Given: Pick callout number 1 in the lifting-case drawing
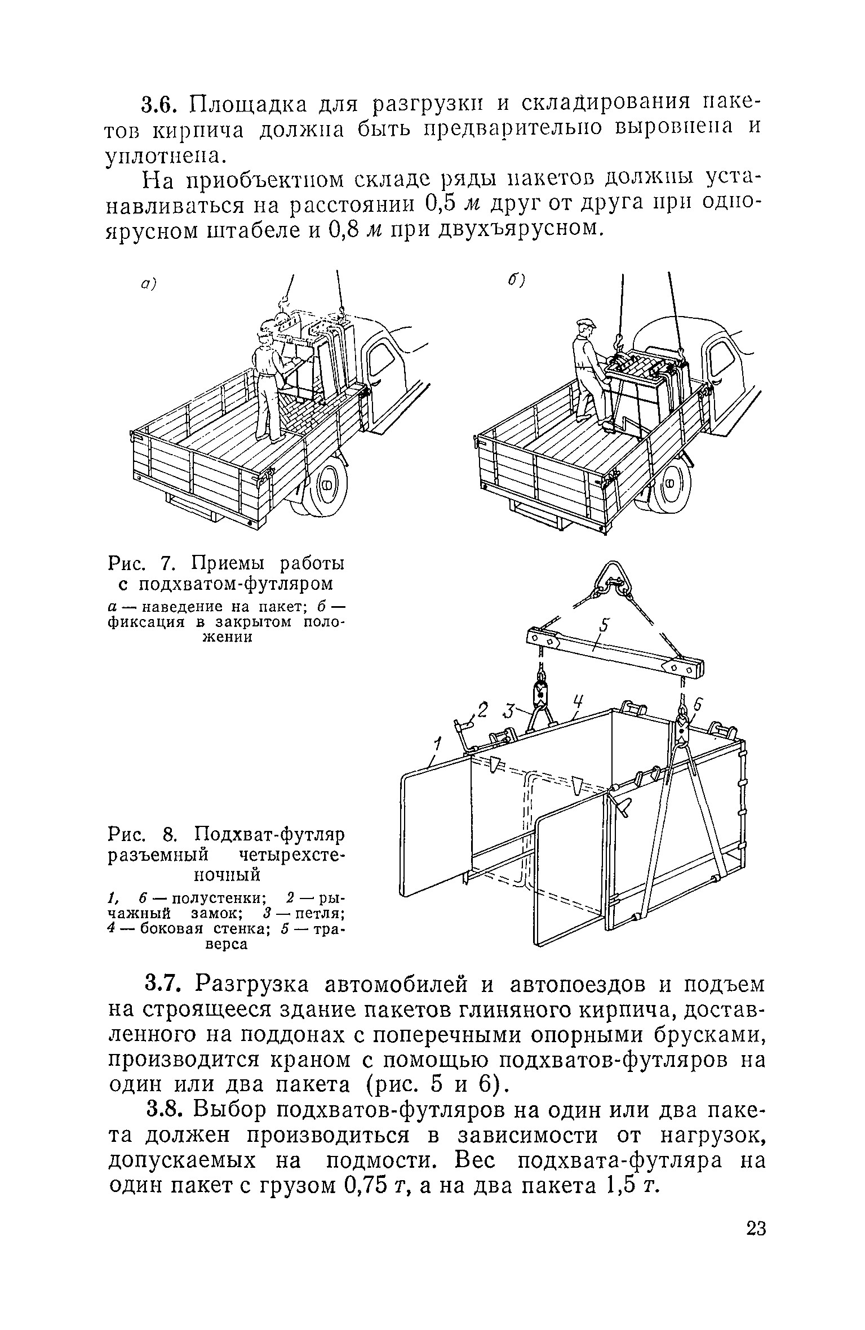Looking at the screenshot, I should click(x=437, y=746).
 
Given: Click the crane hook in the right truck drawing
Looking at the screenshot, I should click(x=620, y=343).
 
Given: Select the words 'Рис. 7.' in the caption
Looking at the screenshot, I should click(x=140, y=563).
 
